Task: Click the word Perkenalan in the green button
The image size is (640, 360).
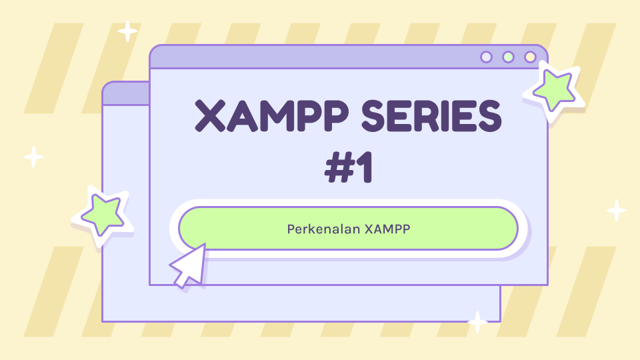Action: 323,229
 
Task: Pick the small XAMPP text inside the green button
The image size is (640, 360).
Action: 387,229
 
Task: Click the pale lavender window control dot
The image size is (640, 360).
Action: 487,57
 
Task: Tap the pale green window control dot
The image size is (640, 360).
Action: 508,57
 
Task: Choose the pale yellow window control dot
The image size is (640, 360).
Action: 530,57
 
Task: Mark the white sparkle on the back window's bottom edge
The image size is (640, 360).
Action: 477,322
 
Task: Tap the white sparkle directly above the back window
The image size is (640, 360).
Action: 127,31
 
